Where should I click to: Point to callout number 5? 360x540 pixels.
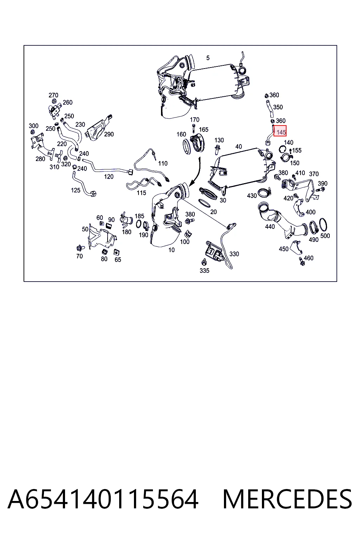[208, 58]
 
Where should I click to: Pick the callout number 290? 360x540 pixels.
[109, 134]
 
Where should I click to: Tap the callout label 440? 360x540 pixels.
[270, 226]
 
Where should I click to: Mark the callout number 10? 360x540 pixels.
[172, 250]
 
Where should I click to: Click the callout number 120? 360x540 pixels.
[109, 176]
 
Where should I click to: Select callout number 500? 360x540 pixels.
[325, 236]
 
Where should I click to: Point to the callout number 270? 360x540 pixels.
[53, 95]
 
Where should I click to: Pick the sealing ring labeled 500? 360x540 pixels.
[323, 224]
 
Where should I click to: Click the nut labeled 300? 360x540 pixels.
[32, 132]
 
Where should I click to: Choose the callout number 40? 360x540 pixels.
[238, 146]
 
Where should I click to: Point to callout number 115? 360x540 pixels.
[141, 193]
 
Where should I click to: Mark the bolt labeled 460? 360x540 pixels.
[302, 261]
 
